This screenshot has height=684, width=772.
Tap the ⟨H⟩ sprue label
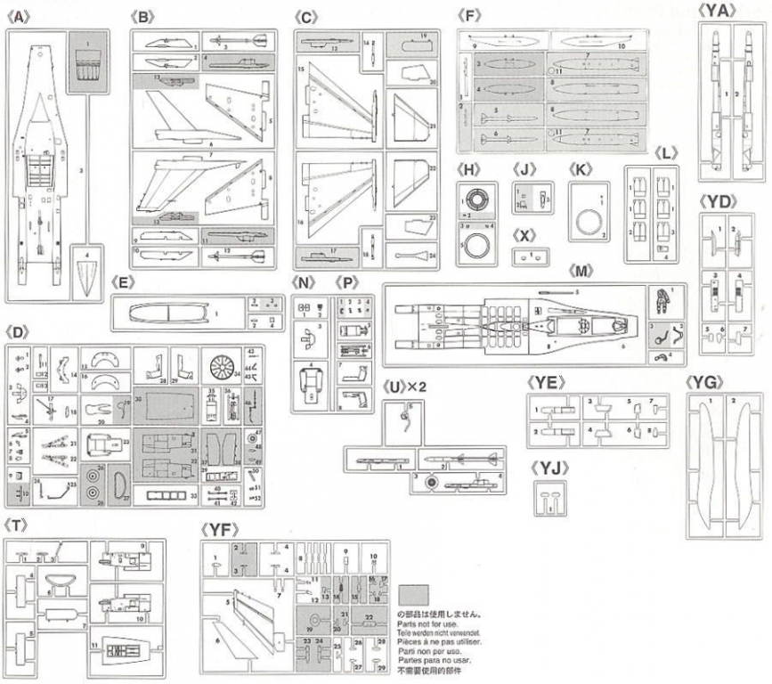[466, 168]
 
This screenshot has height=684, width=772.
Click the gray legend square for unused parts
[414, 594]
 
